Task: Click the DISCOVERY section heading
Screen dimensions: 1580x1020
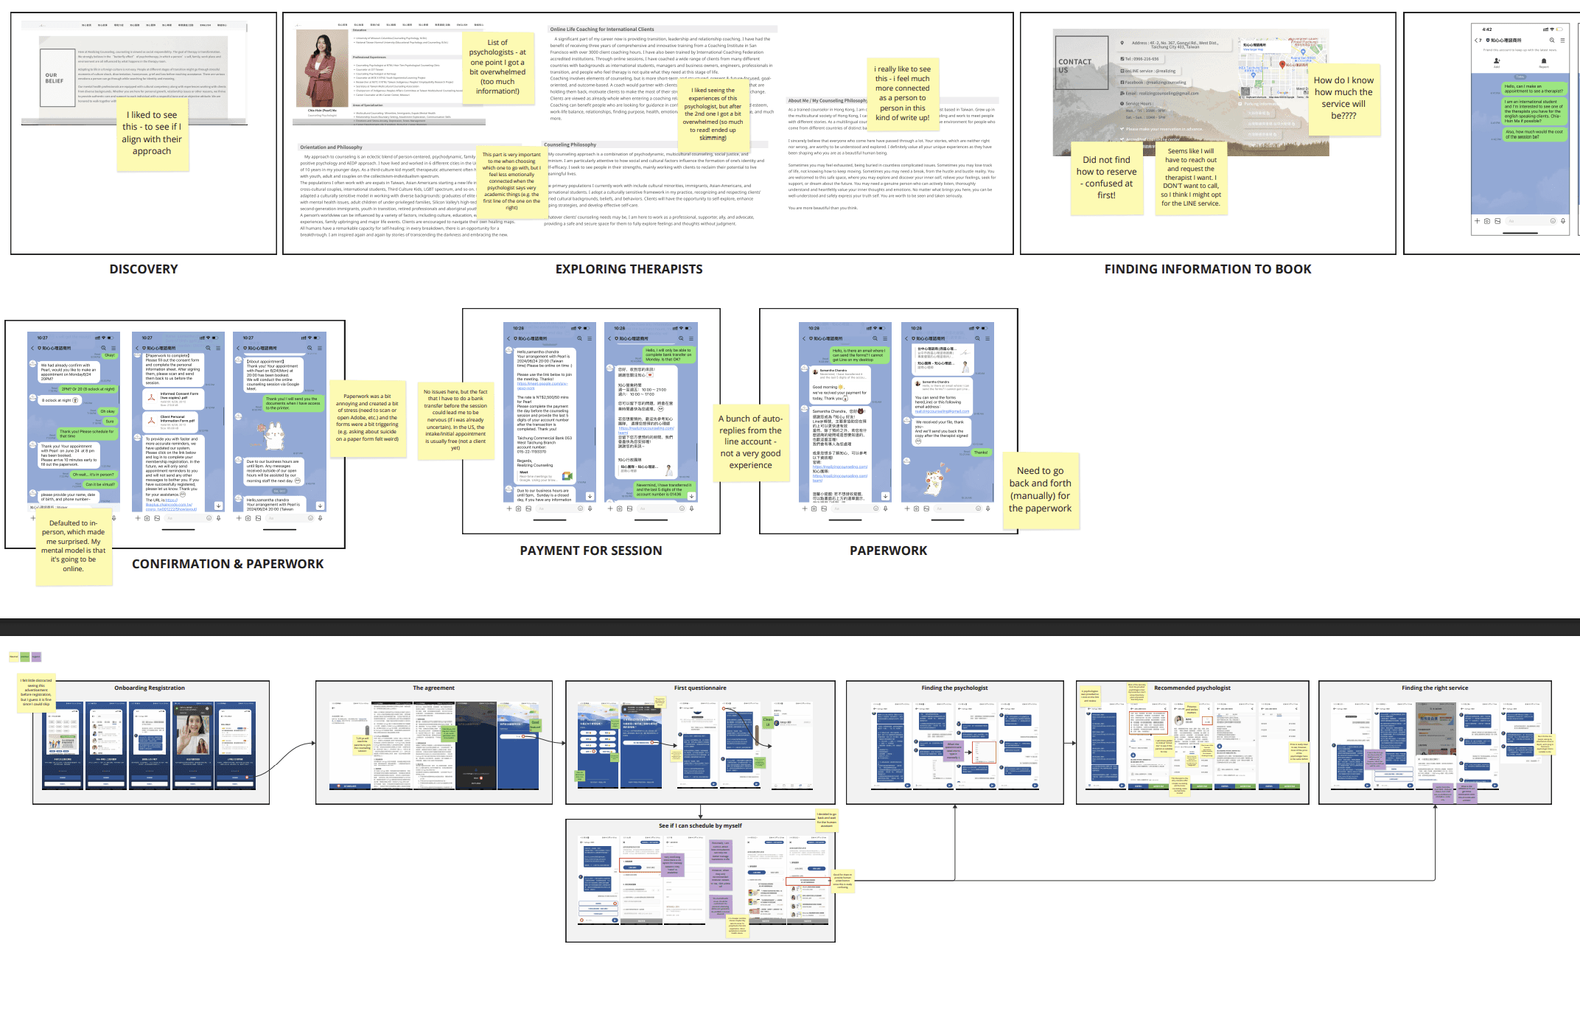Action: coord(144,269)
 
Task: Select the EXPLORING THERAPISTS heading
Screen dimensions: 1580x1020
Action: coord(629,269)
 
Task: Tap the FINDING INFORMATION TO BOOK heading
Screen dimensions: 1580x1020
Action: coord(1207,269)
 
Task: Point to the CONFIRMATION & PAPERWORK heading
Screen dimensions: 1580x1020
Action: coord(228,564)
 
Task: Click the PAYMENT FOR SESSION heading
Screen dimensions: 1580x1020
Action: coord(590,551)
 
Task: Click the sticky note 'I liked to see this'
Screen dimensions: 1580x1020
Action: coord(152,133)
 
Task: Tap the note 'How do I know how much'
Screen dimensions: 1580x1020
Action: coord(1343,98)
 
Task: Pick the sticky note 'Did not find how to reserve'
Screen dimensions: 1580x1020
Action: coord(1106,178)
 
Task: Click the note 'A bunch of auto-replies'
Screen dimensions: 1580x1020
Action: coord(750,441)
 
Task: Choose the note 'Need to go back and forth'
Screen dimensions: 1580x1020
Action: coord(1040,489)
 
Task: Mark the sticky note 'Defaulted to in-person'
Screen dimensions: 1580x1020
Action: coord(73,546)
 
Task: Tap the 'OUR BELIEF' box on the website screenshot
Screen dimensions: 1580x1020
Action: coord(54,78)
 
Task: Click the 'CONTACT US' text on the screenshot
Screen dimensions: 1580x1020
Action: coord(1074,66)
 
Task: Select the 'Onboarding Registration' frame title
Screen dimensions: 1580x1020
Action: coord(150,688)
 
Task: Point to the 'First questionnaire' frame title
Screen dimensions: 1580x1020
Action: coord(700,688)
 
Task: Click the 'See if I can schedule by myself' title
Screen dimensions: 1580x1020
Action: coord(700,826)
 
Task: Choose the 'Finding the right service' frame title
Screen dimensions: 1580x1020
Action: coord(1435,688)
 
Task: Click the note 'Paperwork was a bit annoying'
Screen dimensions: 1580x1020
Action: coord(367,418)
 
